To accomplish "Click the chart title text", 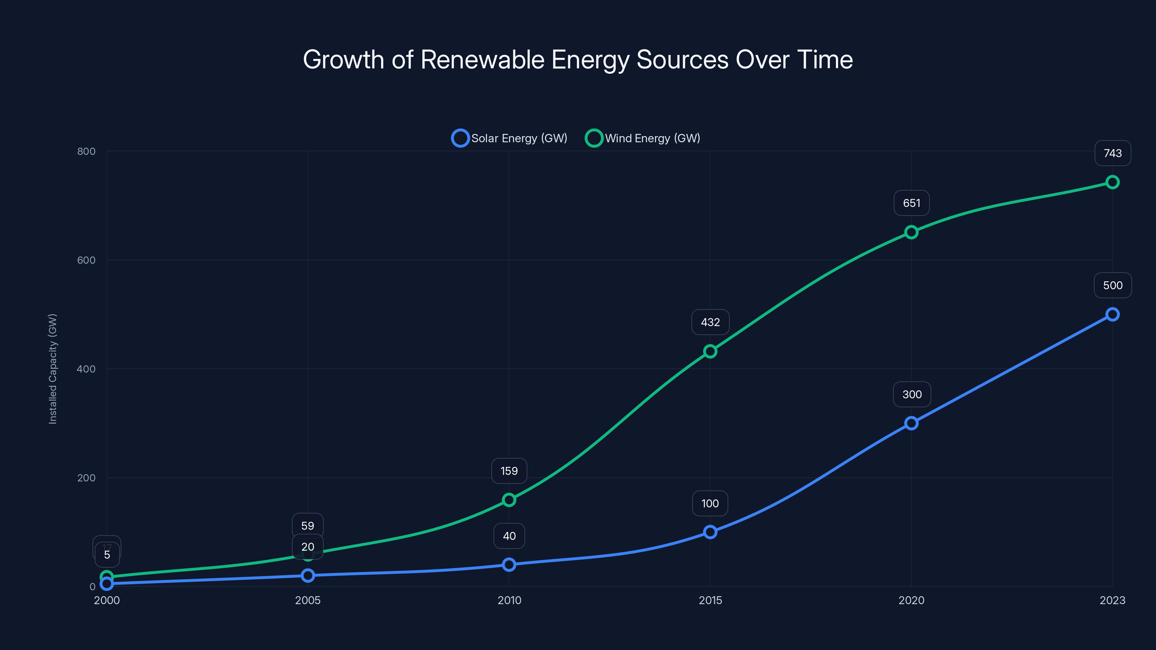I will (x=578, y=60).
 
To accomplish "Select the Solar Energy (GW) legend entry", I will (x=509, y=138).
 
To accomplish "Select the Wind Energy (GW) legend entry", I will (x=643, y=138).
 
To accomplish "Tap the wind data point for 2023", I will (x=1112, y=182).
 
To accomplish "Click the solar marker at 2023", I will (x=1112, y=315).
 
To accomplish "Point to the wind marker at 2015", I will (x=710, y=351).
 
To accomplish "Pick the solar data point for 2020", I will (x=911, y=423).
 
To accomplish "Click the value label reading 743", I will (x=1113, y=153).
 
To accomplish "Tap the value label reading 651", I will (x=911, y=203).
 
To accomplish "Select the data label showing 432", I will (x=710, y=322).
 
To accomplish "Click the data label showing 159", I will (x=509, y=471).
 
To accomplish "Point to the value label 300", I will (x=911, y=394).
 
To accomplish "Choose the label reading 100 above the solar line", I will (x=710, y=503).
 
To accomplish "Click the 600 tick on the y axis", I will (x=86, y=260).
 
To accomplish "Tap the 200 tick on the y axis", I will (x=86, y=478).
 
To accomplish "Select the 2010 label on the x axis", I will (x=509, y=600).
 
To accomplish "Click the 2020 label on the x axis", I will (x=911, y=600).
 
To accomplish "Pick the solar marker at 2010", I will (x=509, y=564).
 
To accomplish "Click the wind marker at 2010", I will (x=509, y=500).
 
